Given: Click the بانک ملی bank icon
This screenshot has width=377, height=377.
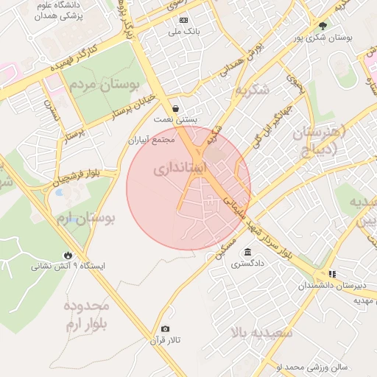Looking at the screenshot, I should click(183, 20).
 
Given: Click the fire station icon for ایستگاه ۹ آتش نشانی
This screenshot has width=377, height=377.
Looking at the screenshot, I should click(69, 254).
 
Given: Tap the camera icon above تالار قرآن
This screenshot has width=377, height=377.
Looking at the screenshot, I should click(165, 328).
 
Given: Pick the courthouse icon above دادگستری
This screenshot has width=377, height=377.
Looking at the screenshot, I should click(247, 251).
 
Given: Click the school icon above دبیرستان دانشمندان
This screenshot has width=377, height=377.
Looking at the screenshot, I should click(332, 274).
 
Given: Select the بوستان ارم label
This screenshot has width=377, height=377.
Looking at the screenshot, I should click(86, 219).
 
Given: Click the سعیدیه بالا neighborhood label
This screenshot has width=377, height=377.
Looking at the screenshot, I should click(261, 333).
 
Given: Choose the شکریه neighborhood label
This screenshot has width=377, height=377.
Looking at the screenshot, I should click(253, 90).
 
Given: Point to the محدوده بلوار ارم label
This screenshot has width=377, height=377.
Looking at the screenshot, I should click(86, 314).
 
